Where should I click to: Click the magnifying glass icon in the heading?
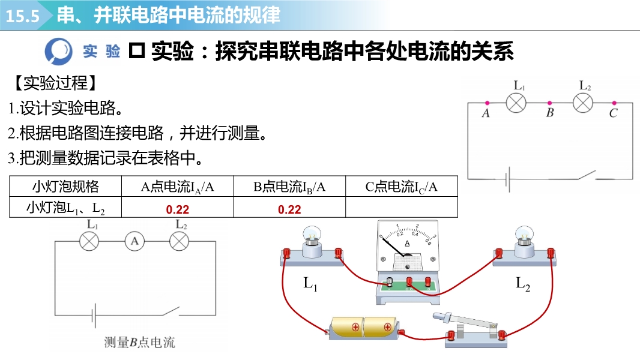pyautogui.click(x=59, y=51)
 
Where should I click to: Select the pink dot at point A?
pyautogui.click(x=487, y=103)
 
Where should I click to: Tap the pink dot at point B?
pyautogui.click(x=550, y=103)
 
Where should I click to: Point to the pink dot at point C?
pyautogui.click(x=614, y=103)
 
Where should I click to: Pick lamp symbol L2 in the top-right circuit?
pyautogui.click(x=582, y=103)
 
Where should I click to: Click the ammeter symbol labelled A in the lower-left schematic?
pyautogui.click(x=134, y=241)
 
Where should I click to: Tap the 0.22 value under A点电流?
pyautogui.click(x=177, y=209)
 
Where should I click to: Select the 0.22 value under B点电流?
pyautogui.click(x=289, y=209)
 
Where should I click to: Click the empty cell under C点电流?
pyautogui.click(x=402, y=208)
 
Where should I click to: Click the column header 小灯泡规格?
pyautogui.click(x=65, y=187)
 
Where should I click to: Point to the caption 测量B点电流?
pyautogui.click(x=140, y=343)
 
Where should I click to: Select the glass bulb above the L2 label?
pyautogui.click(x=524, y=235)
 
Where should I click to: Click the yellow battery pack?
pyautogui.click(x=364, y=328)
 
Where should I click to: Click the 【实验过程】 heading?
pyautogui.click(x=54, y=83)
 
